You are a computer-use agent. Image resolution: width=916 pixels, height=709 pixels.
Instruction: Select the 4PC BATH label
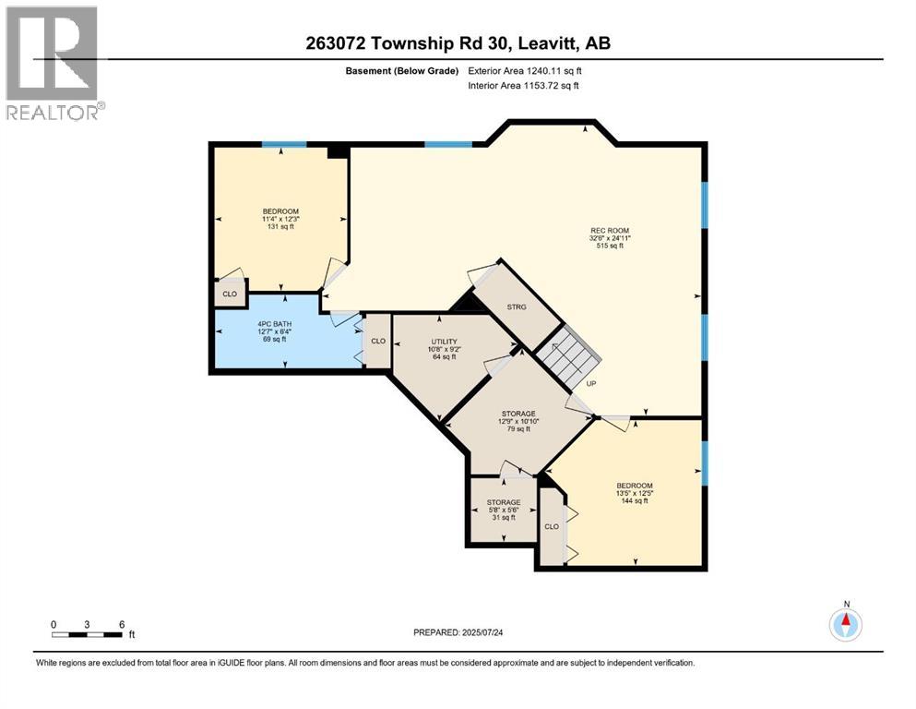pyautogui.click(x=271, y=330)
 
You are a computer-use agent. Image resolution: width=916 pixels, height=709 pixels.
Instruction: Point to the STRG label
pyautogui.click(x=517, y=306)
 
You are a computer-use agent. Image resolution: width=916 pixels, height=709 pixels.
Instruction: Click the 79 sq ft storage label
pyautogui.click(x=518, y=421)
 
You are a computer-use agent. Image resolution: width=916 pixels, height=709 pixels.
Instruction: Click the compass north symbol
pyautogui.click(x=845, y=624)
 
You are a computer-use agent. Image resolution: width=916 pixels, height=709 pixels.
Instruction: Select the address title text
pyautogui.click(x=457, y=42)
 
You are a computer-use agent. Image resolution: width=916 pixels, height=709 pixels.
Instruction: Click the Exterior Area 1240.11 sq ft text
pyautogui.click(x=526, y=69)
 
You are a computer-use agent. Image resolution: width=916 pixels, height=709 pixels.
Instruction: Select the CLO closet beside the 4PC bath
pyautogui.click(x=378, y=340)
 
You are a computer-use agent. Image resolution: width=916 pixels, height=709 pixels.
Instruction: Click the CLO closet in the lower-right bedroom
pyautogui.click(x=552, y=526)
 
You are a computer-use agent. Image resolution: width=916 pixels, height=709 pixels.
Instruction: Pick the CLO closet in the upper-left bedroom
pyautogui.click(x=230, y=294)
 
